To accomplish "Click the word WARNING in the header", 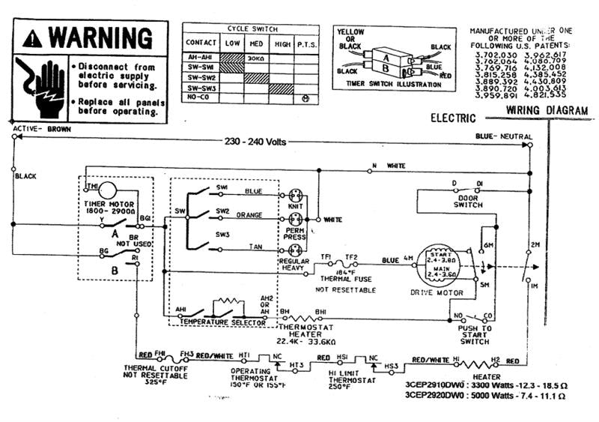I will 100,37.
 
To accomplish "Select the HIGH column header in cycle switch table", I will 282,43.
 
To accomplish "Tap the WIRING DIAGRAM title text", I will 547,110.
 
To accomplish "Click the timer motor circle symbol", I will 109,189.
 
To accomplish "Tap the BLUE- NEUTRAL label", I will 503,137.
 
